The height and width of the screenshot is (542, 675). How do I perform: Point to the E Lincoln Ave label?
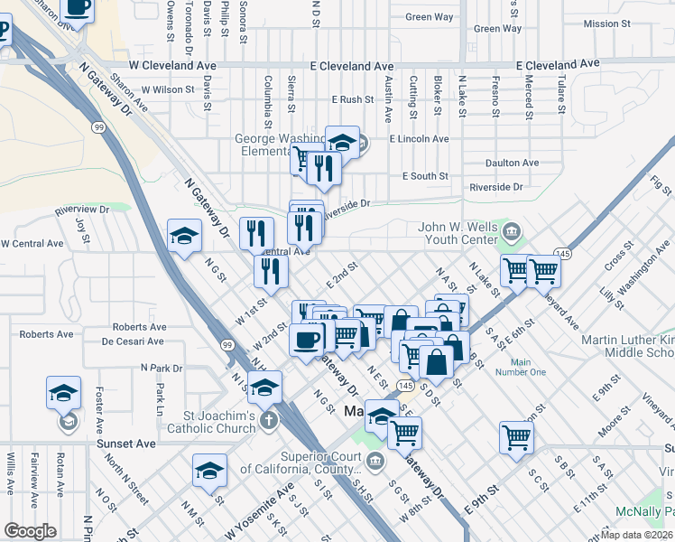[x=419, y=139]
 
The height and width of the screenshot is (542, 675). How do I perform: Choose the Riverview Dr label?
[x=81, y=210]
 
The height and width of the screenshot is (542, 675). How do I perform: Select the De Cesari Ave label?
[x=133, y=341]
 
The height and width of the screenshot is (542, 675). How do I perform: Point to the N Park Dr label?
[x=162, y=368]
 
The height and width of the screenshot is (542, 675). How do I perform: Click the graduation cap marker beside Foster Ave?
[x=64, y=393]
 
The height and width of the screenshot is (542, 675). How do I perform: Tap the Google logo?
[x=30, y=531]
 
